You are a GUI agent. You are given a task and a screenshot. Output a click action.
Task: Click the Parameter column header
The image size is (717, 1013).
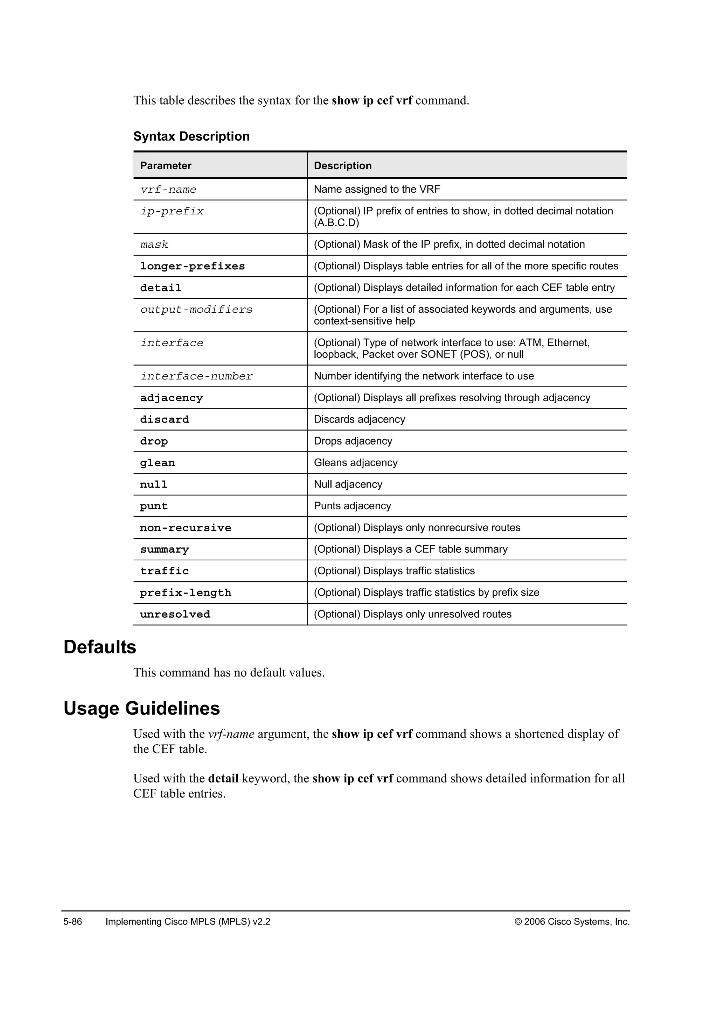point(166,166)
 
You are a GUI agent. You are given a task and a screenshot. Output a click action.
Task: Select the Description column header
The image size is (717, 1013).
point(343,166)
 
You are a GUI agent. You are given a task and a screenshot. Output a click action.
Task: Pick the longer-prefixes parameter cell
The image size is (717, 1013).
point(193,267)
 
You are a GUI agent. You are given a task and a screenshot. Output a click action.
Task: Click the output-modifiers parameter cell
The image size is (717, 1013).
point(196,310)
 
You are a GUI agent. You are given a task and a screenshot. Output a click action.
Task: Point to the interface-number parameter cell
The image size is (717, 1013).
point(196,376)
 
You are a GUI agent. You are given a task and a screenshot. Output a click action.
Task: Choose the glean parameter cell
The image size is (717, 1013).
point(158,463)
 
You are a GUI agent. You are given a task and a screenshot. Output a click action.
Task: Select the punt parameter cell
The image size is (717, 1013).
point(154,506)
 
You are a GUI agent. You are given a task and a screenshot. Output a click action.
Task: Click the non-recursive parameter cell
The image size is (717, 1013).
point(186,528)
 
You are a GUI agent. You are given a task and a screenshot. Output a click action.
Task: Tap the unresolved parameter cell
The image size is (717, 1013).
point(175,614)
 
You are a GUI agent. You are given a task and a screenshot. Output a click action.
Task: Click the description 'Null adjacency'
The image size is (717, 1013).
point(348,484)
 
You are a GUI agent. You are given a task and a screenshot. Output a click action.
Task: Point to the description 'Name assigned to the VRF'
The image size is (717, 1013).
point(377,189)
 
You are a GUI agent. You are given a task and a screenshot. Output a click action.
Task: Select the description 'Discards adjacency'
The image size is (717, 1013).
point(360,420)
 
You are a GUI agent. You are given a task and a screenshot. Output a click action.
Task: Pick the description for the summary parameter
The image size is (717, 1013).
point(411,549)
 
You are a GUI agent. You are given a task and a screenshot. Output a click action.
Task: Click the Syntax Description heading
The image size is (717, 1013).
point(192,136)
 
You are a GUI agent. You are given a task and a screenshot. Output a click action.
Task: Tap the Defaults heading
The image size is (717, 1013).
point(100,647)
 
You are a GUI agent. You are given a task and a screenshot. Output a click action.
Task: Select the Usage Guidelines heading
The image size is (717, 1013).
point(142,709)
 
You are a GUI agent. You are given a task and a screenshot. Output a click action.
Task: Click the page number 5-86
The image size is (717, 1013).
point(73,922)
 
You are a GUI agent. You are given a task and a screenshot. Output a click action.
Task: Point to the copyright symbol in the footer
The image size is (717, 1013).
point(518,922)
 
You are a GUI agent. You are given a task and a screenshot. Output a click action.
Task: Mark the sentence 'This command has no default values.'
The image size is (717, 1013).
point(229,673)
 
